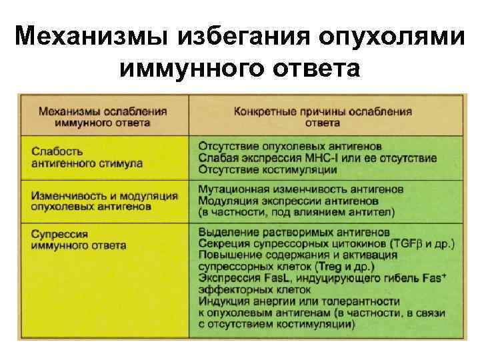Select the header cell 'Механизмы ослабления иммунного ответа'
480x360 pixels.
[x=103, y=117]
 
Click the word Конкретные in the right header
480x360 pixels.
[x=261, y=111]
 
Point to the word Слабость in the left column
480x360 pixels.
[x=57, y=151]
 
